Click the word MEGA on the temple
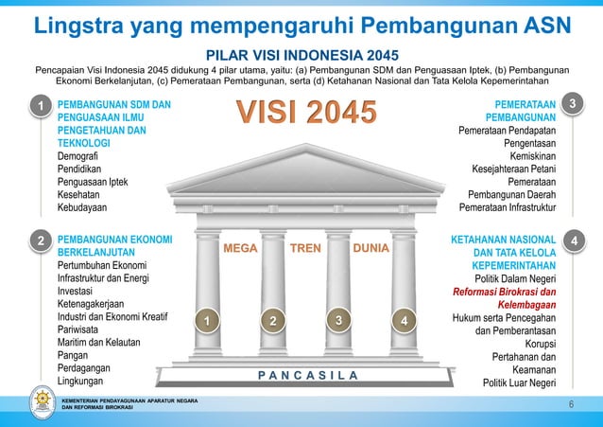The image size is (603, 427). pos(240,250)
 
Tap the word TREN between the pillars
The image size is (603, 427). pos(305,250)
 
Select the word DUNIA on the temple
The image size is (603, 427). pos(370,250)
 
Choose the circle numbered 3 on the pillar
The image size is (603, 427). pos(337,321)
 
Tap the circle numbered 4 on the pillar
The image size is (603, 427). pos(404,322)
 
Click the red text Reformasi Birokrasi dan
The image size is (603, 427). pos(505,293)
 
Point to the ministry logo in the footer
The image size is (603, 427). pos(34,402)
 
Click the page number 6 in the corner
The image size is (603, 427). pos(571,404)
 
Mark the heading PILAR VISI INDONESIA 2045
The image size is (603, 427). pos(301,55)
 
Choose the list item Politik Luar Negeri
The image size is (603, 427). pos(519,383)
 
